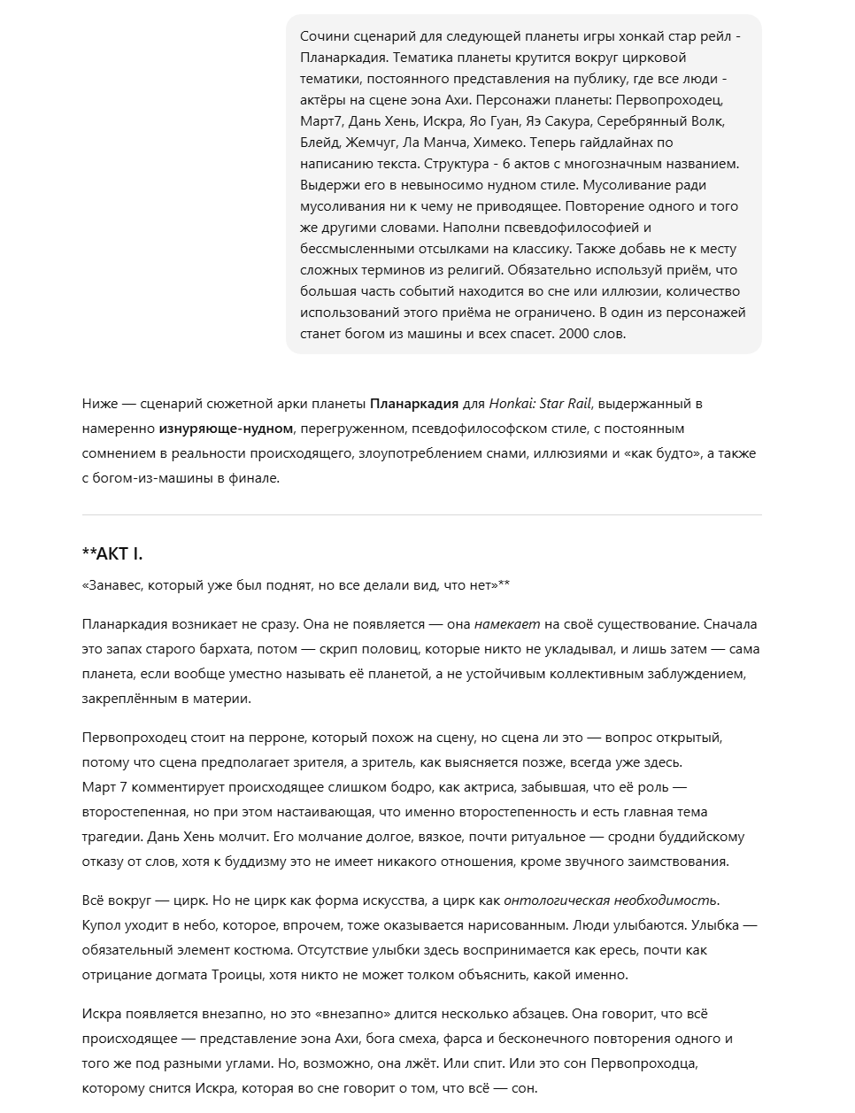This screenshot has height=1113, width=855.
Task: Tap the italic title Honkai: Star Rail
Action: pyautogui.click(x=542, y=404)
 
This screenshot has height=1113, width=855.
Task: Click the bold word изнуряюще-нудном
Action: pyautogui.click(x=226, y=429)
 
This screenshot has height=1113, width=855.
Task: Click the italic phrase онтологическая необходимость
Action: pyautogui.click(x=611, y=900)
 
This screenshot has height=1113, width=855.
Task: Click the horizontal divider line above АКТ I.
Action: pyautogui.click(x=421, y=514)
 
